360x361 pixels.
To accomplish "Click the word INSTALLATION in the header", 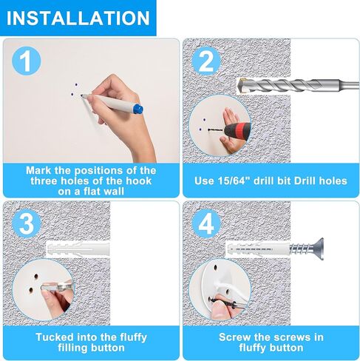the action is tap(78, 18).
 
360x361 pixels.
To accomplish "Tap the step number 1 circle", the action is tap(27, 61).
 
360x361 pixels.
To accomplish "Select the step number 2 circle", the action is tap(206, 61).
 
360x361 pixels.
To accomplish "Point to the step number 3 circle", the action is tap(27, 224).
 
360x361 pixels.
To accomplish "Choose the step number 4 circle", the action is tap(206, 224).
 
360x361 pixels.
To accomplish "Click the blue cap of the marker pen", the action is tap(138, 109).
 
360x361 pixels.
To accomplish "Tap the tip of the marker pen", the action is tap(81, 95).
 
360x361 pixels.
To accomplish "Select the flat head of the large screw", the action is tap(319, 249).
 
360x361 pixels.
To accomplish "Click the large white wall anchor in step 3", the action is tap(78, 249).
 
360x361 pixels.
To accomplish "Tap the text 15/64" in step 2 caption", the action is tap(234, 180).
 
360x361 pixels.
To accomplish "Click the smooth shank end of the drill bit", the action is tap(350, 85).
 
